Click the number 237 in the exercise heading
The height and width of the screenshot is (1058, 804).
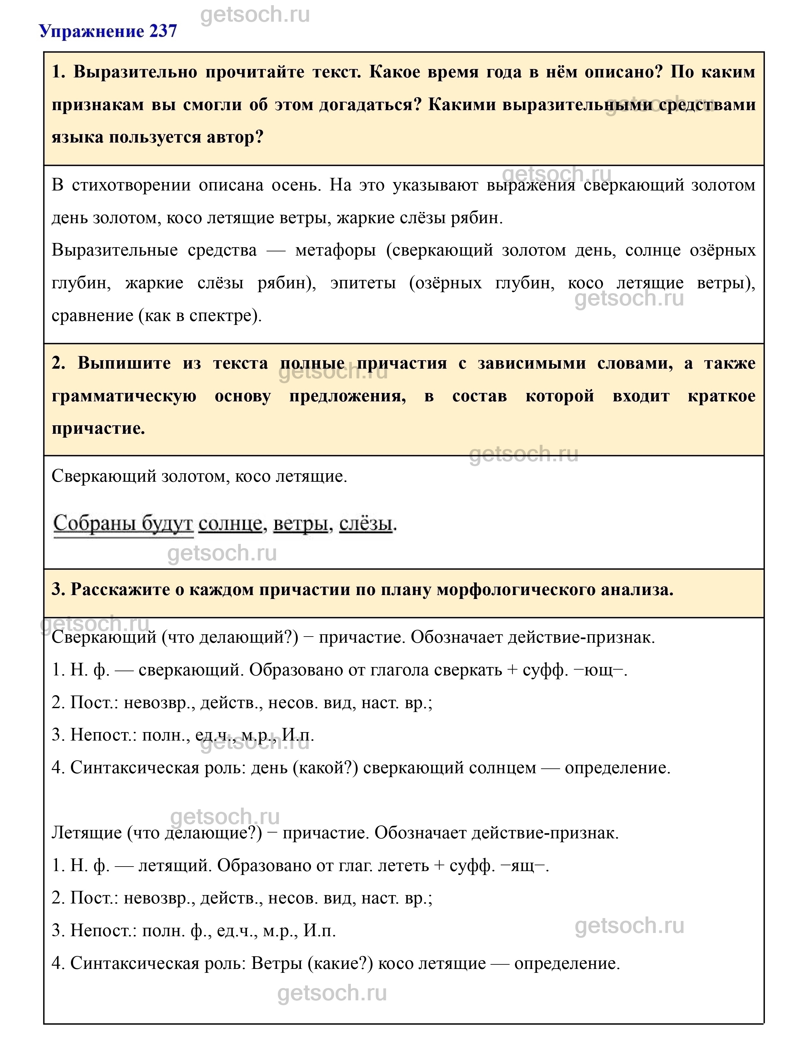point(163,32)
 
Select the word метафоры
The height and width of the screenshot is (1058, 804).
point(335,250)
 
